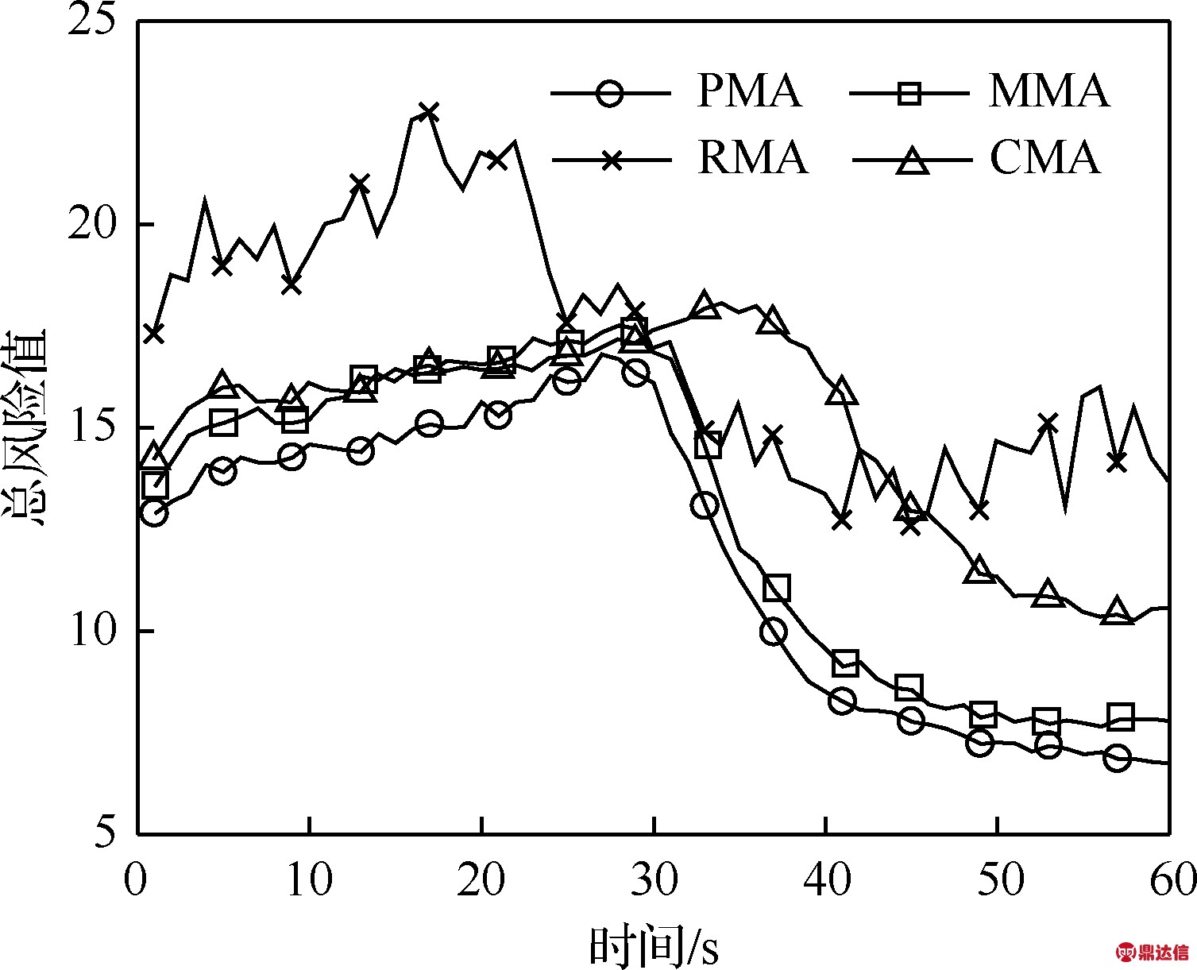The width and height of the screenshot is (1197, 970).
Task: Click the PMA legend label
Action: coord(749,91)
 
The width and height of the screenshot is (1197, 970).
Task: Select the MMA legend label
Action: coord(1048,91)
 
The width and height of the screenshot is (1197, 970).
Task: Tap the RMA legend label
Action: coord(752,157)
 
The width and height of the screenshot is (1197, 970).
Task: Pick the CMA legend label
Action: coord(1044,157)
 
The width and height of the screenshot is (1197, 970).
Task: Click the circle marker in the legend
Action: coord(609,93)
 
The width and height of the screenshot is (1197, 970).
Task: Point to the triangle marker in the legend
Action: coord(912,161)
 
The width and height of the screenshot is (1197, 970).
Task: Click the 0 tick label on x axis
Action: coord(137,880)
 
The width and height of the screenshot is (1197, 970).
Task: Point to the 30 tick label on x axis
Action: coord(653,880)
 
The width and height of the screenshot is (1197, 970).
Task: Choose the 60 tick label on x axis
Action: coord(1168,880)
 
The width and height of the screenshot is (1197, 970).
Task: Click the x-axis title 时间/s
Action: coord(653,945)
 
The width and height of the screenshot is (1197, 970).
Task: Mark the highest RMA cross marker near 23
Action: coord(428,111)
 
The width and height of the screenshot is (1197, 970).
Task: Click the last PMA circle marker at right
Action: coord(1117,758)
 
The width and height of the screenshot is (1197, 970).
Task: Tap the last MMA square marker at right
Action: coord(1120,717)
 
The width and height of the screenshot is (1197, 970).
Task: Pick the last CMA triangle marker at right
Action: coord(1117,611)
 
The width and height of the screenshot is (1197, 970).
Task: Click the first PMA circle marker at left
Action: coord(154,513)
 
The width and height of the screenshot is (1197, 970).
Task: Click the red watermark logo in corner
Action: coord(1153,951)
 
